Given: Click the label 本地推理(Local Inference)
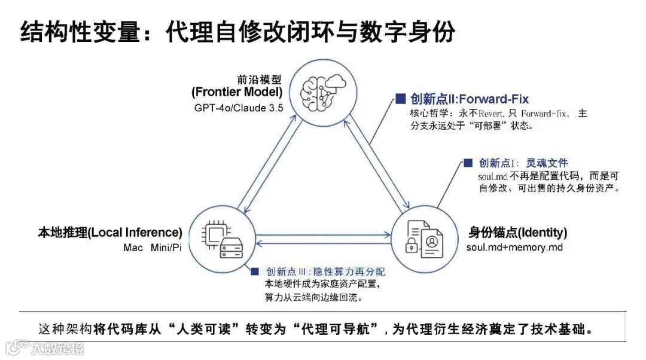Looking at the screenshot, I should click(x=109, y=233).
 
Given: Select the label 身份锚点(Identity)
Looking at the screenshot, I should click(x=517, y=233).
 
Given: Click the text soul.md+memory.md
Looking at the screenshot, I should click(x=514, y=248).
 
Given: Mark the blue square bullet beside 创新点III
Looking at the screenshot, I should click(x=255, y=271).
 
